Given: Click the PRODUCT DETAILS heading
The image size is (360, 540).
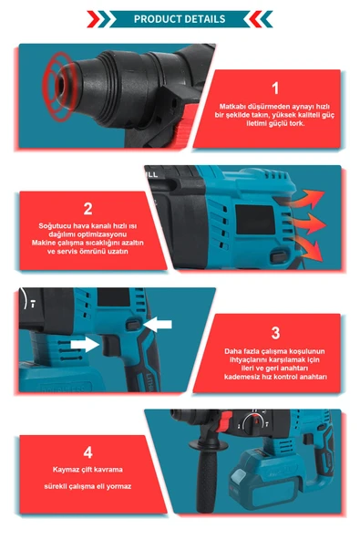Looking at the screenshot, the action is click(x=180, y=19).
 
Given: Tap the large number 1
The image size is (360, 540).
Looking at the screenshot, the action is click(x=275, y=88).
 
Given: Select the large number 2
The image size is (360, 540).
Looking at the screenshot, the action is click(x=87, y=209).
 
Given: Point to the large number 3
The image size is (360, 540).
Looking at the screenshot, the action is click(x=275, y=333).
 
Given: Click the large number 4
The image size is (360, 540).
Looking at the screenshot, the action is click(x=87, y=452).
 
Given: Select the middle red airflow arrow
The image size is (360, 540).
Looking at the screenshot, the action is click(x=307, y=223).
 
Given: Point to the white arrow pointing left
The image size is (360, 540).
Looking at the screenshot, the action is click(x=158, y=324).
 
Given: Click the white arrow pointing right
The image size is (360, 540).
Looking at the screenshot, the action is click(x=85, y=344).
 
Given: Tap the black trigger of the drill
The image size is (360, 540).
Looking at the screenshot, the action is click(x=110, y=346).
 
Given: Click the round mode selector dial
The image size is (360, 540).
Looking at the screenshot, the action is click(x=253, y=422).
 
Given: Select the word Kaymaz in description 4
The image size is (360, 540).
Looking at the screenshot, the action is click(x=65, y=470).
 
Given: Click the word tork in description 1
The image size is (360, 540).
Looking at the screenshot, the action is click(x=297, y=123).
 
